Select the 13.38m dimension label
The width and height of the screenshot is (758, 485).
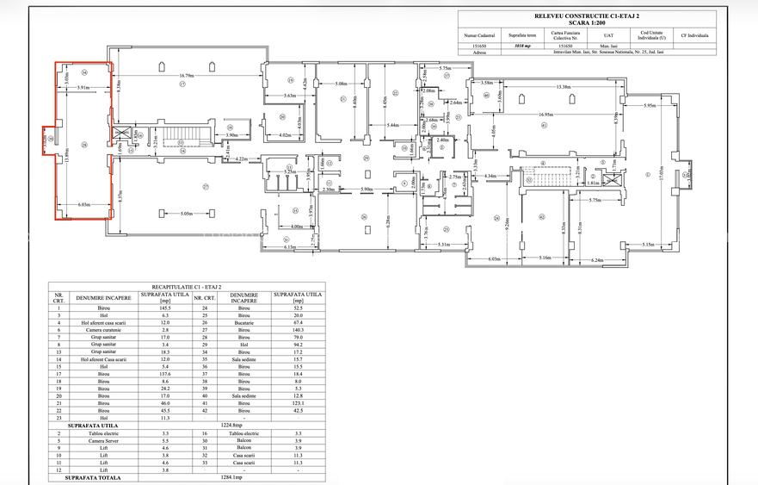pyautogui.click(x=564, y=86)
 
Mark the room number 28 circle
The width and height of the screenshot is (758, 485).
pyautogui.click(x=84, y=145)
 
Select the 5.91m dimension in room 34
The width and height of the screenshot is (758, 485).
pyautogui.click(x=83, y=88)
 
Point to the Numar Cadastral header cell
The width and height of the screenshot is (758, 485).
pyautogui.click(x=480, y=35)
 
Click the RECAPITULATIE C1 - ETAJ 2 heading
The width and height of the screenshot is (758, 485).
pyautogui.click(x=187, y=285)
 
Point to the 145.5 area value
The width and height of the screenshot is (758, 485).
pyautogui.click(x=165, y=308)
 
